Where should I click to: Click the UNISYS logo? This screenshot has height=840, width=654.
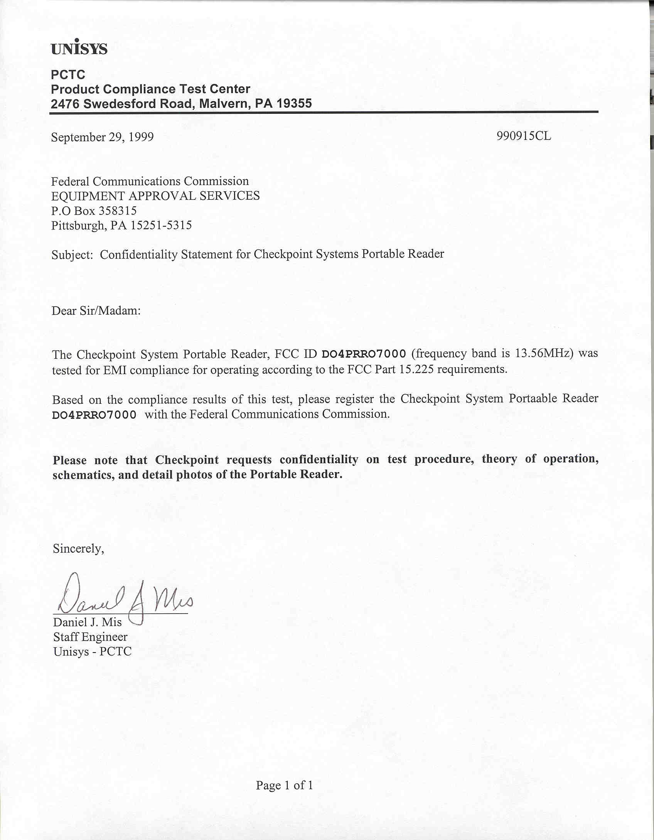(79, 48)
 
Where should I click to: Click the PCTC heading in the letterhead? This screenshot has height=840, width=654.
(68, 74)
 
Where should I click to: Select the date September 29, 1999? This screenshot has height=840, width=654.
(102, 137)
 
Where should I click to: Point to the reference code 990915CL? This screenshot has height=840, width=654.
(524, 136)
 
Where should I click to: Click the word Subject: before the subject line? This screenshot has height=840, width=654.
(72, 255)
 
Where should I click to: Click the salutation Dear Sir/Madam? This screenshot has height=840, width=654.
(96, 311)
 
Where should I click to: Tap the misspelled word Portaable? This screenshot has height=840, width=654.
(533, 398)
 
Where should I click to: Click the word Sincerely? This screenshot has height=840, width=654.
(78, 549)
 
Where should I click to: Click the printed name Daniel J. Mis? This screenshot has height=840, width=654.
(87, 622)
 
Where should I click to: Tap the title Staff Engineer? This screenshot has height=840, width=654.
(90, 637)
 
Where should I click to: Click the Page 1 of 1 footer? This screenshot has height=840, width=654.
(285, 785)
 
